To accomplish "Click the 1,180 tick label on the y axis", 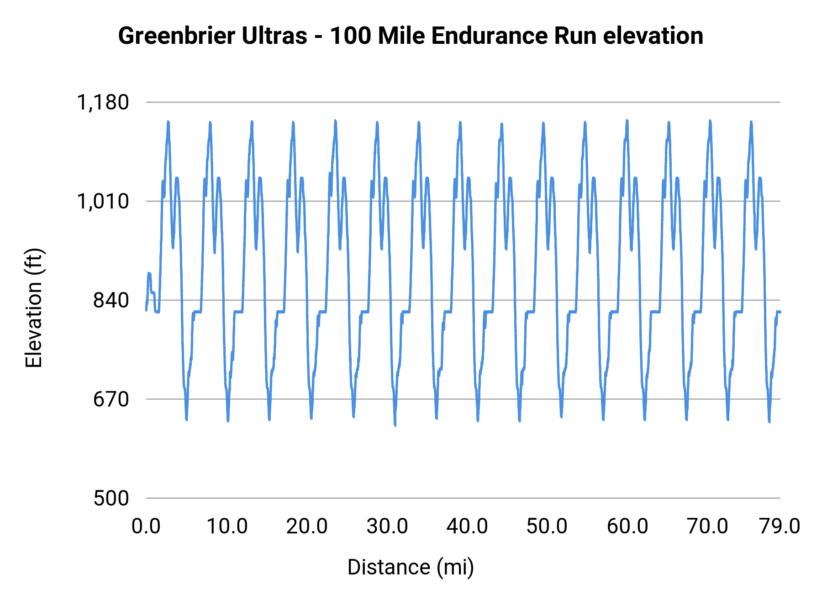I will tap(103, 102).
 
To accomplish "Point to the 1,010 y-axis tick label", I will tap(103, 201).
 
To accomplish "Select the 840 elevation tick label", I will tap(111, 300).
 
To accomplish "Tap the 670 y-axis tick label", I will tap(111, 399).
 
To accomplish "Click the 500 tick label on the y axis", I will tap(111, 498).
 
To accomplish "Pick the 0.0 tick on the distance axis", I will tap(146, 527).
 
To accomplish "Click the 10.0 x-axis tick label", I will tap(227, 527).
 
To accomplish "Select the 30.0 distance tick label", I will tap(387, 527).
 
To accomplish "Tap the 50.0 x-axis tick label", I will tap(547, 527).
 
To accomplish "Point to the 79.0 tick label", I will tap(780, 527).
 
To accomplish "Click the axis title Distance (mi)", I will tap(411, 567).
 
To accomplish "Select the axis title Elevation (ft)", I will tap(34, 308).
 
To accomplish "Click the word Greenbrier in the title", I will tap(176, 36).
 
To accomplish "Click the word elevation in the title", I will tap(653, 36).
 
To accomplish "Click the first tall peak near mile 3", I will tap(168, 122).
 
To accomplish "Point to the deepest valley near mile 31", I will tap(395, 425).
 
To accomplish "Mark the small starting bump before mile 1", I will tap(149, 273).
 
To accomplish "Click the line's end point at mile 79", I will tap(780, 312).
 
